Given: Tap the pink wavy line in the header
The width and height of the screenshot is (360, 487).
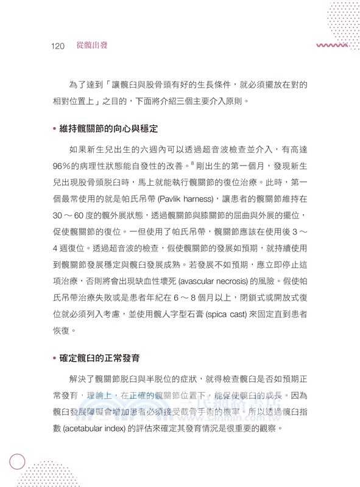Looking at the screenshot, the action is (x=331, y=46).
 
